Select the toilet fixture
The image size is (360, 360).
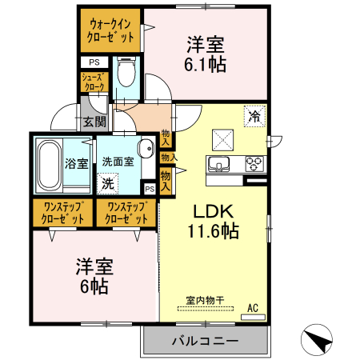pos(125,73)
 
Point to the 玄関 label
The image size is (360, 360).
pos(94,122)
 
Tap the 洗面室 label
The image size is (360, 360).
pos(117,161)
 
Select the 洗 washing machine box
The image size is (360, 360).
pos(107,183)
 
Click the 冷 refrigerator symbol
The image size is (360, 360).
pos(254,115)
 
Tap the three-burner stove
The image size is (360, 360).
pos(255,164)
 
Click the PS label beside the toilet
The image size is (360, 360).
pos(94,62)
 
